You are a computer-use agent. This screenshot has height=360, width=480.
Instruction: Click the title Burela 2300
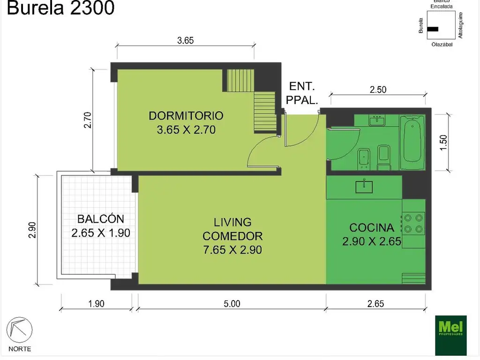pyautogui.click(x=61, y=8)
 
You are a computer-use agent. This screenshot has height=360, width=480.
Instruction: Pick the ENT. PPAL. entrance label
pyautogui.click(x=302, y=93)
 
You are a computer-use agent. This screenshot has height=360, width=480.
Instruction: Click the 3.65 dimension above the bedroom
pyautogui.click(x=185, y=40)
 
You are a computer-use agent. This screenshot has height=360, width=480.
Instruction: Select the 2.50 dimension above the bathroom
pyautogui.click(x=378, y=90)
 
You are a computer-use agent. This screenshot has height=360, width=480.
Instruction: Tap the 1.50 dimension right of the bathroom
pyautogui.click(x=443, y=142)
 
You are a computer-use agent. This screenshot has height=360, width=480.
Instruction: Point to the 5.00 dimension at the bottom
pyautogui.click(x=232, y=304)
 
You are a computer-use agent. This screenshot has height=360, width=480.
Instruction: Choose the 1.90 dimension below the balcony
pyautogui.click(x=96, y=304)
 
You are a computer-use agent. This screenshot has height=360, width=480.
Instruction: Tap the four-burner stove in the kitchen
pyautogui.click(x=413, y=223)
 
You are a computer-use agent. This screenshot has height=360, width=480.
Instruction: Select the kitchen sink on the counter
pyautogui.click(x=364, y=187)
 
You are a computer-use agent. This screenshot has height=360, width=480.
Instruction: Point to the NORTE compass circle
pyautogui.click(x=19, y=330)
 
